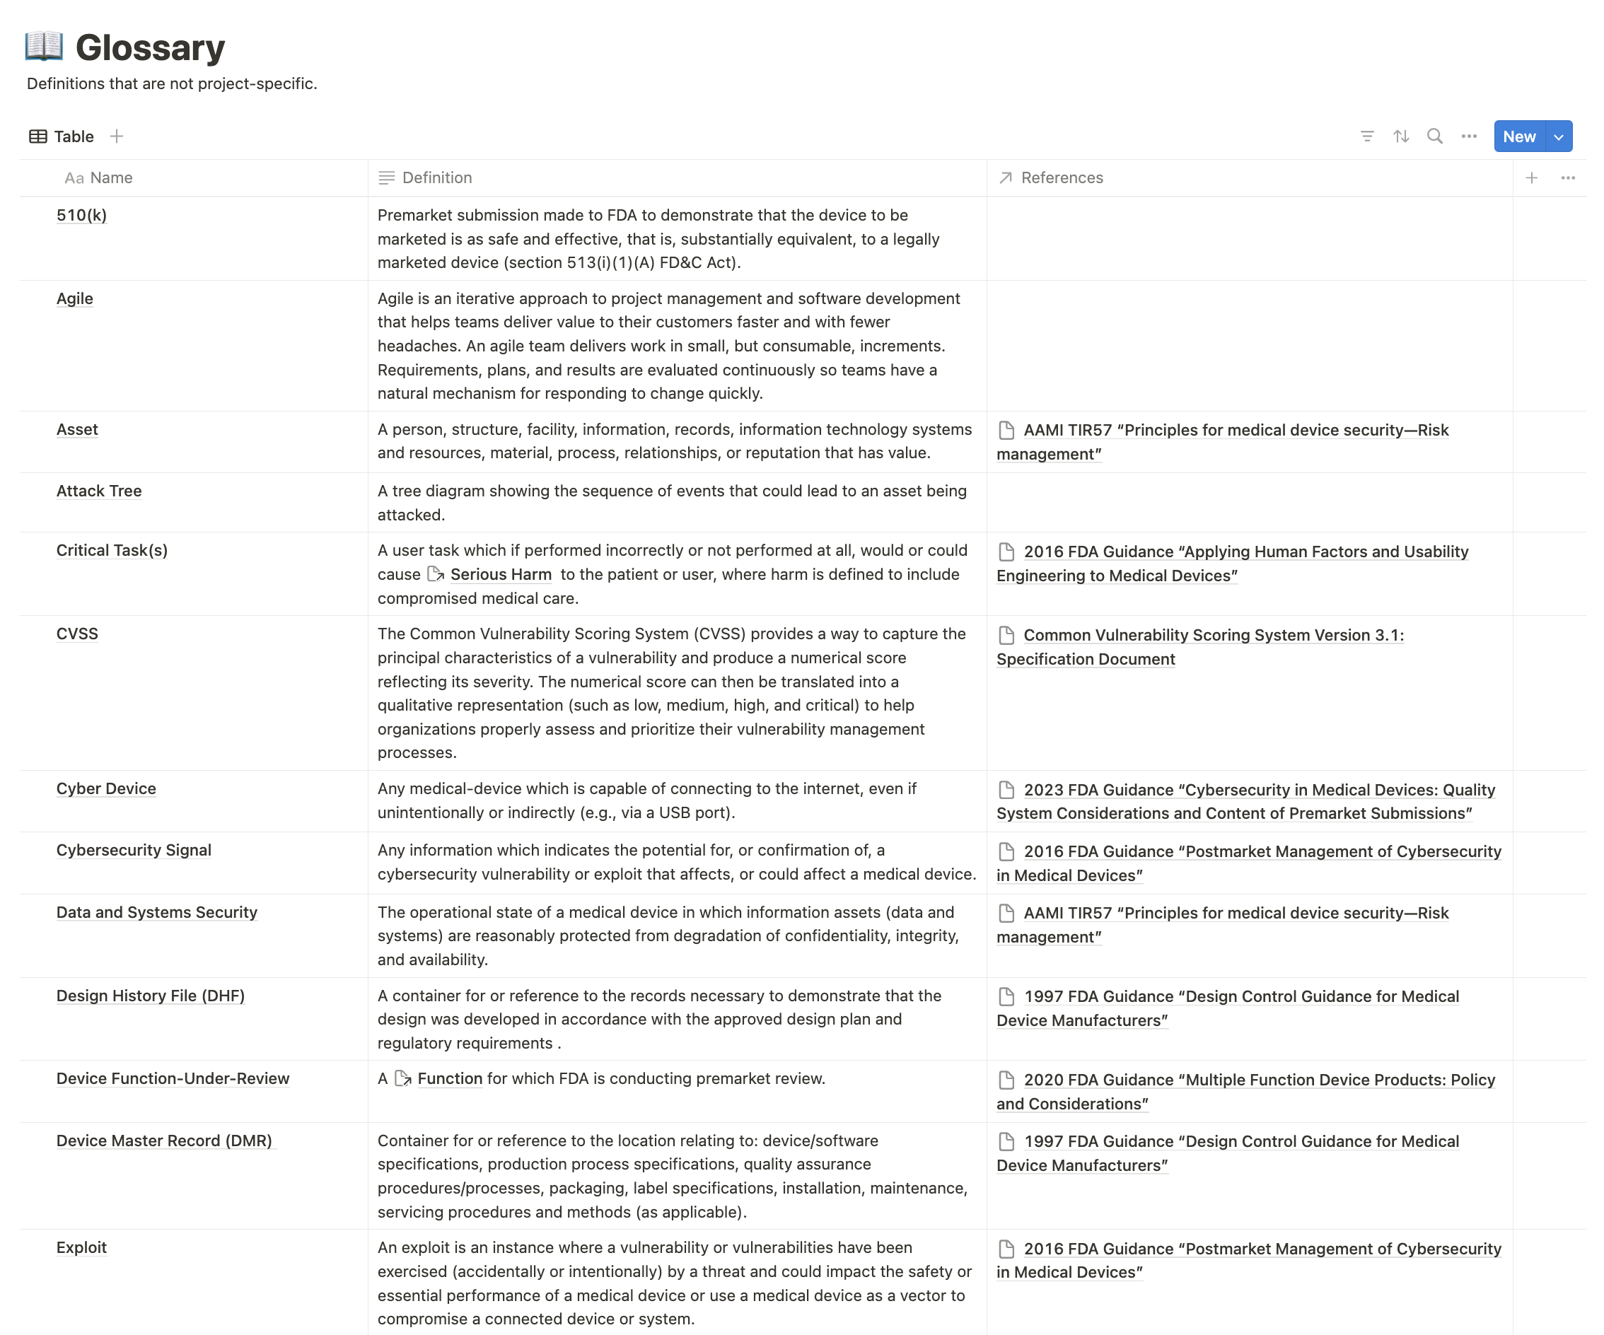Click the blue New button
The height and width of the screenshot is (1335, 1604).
[x=1518, y=136]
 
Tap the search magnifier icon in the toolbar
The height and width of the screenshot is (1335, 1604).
[x=1435, y=136]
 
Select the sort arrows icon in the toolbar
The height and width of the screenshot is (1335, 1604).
[x=1401, y=136]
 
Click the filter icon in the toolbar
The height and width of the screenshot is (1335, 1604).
[x=1367, y=136]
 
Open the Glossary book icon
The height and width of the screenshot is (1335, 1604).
[x=44, y=47]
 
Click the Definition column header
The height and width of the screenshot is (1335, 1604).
[x=437, y=178]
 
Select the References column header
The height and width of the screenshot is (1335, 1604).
[x=1062, y=178]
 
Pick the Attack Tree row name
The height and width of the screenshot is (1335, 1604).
[x=99, y=491]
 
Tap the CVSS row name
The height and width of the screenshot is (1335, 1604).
[x=77, y=634]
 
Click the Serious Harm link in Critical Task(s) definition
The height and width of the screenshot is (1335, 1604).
[x=500, y=574]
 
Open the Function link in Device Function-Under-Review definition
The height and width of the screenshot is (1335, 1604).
[x=449, y=1078]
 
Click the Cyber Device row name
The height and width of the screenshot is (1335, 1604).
[x=106, y=789]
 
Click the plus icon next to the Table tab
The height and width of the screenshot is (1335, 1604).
[x=116, y=136]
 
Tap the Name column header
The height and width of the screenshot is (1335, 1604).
[x=111, y=178]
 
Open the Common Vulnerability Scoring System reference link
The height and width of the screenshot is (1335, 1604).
[x=1213, y=636]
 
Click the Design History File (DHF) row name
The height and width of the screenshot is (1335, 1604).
[x=151, y=996]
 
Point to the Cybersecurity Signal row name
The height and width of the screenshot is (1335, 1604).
[x=134, y=850]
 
